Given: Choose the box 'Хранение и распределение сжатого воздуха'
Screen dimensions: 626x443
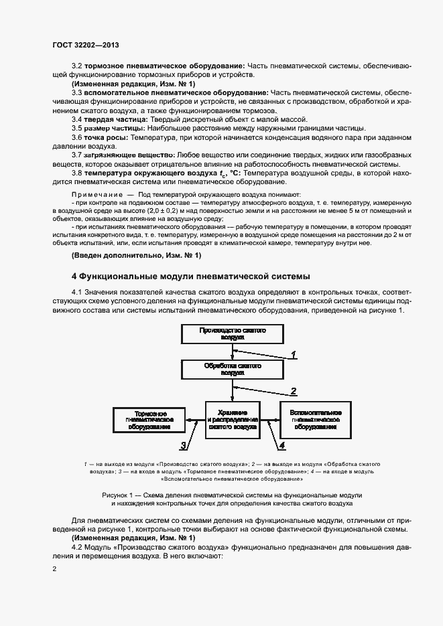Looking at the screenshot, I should tap(233, 419).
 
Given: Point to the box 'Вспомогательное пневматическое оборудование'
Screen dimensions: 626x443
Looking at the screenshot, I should tap(316, 419).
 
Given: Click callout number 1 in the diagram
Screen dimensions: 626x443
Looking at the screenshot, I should tap(293, 354).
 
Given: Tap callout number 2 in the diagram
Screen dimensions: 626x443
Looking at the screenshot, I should tap(293, 391).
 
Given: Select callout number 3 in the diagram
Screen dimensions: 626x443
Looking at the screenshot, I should tap(182, 445).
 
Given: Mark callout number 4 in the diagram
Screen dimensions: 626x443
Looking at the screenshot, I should tap(282, 445).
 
